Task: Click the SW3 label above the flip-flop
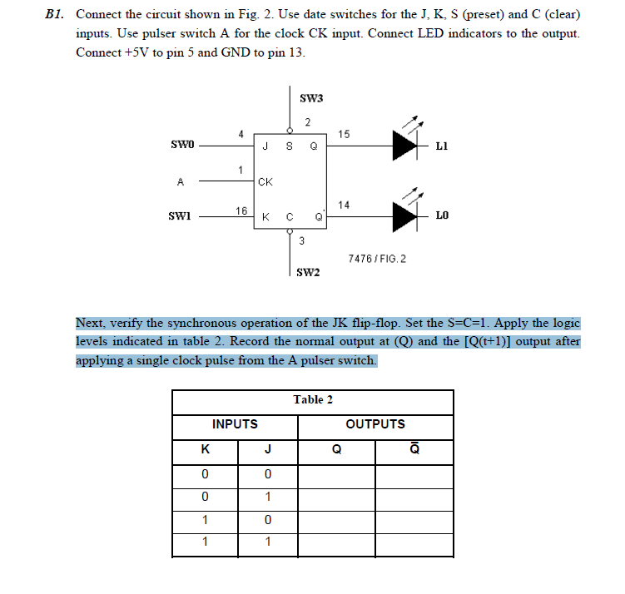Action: [x=310, y=98]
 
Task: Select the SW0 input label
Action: [x=181, y=145]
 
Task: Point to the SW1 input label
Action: [x=181, y=216]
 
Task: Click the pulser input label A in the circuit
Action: [x=179, y=181]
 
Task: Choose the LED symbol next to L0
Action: [x=405, y=215]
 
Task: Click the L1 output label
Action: [x=442, y=146]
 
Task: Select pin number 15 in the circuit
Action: [x=345, y=133]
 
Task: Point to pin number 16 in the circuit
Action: [x=241, y=210]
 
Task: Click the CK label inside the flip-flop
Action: [x=265, y=181]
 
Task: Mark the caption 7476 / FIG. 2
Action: [x=377, y=260]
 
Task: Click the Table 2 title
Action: [x=313, y=399]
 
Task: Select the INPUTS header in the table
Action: [x=235, y=424]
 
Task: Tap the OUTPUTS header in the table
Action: [x=375, y=424]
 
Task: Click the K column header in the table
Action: [x=205, y=450]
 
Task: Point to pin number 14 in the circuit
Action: [x=344, y=204]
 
